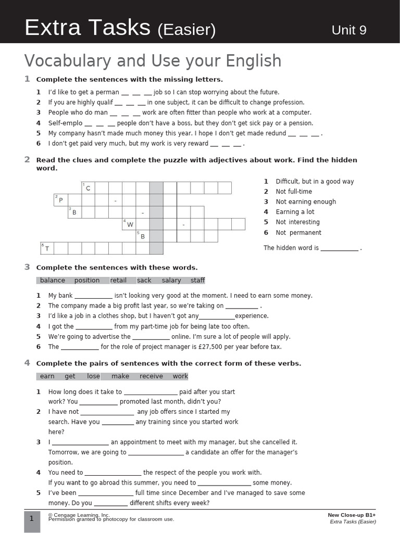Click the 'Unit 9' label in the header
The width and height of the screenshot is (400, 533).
click(x=348, y=30)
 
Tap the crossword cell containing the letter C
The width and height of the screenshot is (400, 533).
click(x=87, y=188)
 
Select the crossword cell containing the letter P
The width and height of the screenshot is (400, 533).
click(x=60, y=200)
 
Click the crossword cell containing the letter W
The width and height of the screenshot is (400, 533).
click(x=129, y=224)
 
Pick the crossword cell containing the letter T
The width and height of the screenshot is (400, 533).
click(x=47, y=248)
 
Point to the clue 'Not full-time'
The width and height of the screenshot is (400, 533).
click(x=294, y=192)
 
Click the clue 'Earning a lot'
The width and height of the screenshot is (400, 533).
click(x=295, y=212)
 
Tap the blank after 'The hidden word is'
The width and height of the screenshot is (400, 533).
click(x=339, y=248)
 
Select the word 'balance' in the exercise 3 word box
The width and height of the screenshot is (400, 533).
click(x=53, y=280)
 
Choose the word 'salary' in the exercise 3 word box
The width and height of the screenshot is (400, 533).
click(x=171, y=280)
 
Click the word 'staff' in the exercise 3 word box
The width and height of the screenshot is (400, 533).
click(x=197, y=280)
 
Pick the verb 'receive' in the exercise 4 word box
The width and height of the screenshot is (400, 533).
click(x=151, y=376)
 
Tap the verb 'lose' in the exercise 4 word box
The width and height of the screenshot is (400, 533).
click(x=93, y=376)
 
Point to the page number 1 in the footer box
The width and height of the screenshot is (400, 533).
click(x=32, y=518)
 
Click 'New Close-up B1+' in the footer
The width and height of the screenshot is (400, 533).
click(x=352, y=515)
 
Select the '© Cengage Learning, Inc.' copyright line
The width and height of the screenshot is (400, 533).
click(x=79, y=515)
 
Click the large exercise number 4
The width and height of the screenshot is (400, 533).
click(x=27, y=363)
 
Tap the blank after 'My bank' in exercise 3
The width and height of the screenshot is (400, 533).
click(x=93, y=296)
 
